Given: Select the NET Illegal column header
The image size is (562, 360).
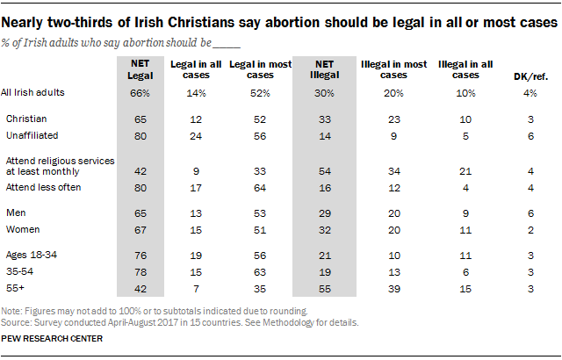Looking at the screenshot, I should click(x=319, y=69).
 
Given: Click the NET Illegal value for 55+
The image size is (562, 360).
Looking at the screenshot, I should click(x=319, y=288).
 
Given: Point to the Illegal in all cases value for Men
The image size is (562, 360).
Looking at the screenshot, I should click(x=462, y=212).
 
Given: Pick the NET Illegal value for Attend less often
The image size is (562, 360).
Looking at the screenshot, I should click(x=319, y=186).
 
